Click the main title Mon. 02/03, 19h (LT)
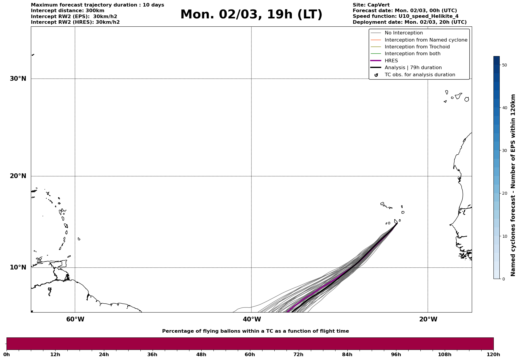[x=251, y=15]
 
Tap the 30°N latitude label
[x=18, y=79]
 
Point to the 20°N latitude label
[x=18, y=176]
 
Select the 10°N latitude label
[x=18, y=267]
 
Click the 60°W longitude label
[x=75, y=319]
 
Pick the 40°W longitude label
[x=252, y=319]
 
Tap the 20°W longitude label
[x=428, y=319]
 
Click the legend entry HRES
[x=391, y=61]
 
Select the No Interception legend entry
[x=404, y=33]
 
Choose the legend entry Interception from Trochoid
[x=417, y=47]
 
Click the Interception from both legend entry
[x=412, y=54]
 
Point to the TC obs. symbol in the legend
[x=376, y=75]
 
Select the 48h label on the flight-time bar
[x=201, y=355]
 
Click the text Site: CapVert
[x=371, y=5]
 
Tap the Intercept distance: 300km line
[x=67, y=11]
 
